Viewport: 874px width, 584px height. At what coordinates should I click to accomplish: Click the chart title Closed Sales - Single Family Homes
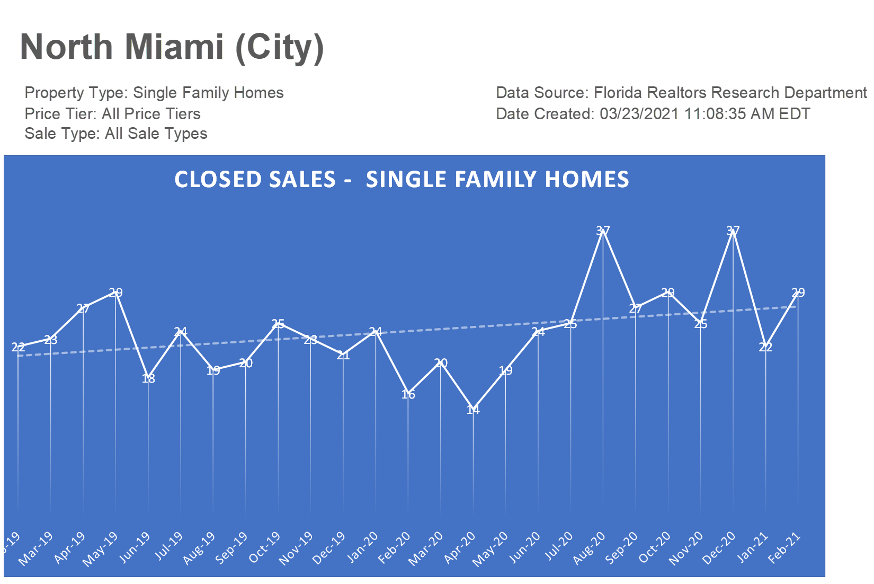click(x=402, y=180)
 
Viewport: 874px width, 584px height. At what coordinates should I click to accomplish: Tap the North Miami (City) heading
click(x=172, y=47)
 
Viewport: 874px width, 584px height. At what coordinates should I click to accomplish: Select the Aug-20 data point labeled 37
click(x=603, y=231)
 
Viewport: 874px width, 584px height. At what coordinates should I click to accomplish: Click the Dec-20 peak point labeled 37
click(x=733, y=231)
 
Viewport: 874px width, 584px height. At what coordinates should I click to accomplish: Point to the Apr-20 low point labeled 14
click(x=473, y=409)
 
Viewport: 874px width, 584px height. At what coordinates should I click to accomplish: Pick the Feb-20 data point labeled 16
click(x=408, y=394)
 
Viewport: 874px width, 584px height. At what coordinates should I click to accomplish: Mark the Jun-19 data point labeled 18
click(x=148, y=378)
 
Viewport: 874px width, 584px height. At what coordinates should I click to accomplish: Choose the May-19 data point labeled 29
click(x=115, y=293)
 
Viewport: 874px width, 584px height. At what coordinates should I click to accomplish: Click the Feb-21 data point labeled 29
click(x=798, y=293)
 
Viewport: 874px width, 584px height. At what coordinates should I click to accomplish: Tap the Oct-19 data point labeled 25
click(x=278, y=324)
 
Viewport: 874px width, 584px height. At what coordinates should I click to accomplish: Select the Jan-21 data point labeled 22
click(x=765, y=347)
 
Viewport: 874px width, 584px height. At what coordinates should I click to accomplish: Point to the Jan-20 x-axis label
click(x=362, y=547)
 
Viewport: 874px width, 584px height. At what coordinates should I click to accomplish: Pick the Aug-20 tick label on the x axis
click(x=590, y=548)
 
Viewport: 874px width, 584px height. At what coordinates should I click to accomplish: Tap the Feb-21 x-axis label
click(x=784, y=548)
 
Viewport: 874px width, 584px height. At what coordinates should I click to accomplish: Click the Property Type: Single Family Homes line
click(x=154, y=93)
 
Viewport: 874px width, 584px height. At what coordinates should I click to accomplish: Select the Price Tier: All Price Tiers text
click(x=112, y=114)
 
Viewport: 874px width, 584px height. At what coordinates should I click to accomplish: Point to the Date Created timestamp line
click(x=653, y=114)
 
